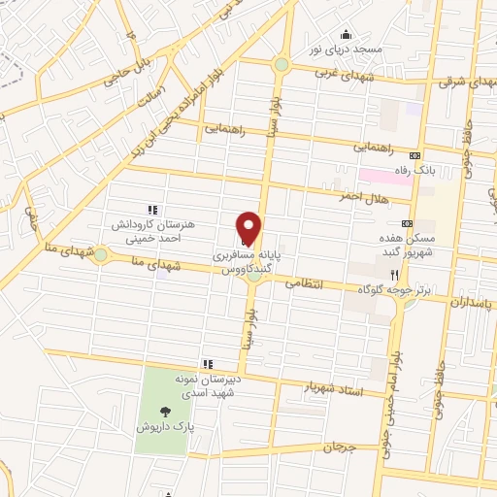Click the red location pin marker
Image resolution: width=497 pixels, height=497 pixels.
[249, 228]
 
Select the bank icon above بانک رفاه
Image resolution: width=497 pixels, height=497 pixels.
[415, 155]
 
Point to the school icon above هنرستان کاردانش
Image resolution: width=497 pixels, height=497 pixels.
[151, 209]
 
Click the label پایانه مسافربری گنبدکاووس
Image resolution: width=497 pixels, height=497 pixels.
[248, 257]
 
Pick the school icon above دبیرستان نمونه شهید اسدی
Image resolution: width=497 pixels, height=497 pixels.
[206, 363]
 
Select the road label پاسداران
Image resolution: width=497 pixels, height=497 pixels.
[472, 303]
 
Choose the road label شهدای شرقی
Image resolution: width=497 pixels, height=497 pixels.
[465, 83]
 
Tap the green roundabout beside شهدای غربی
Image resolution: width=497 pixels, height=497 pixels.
[281, 65]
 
